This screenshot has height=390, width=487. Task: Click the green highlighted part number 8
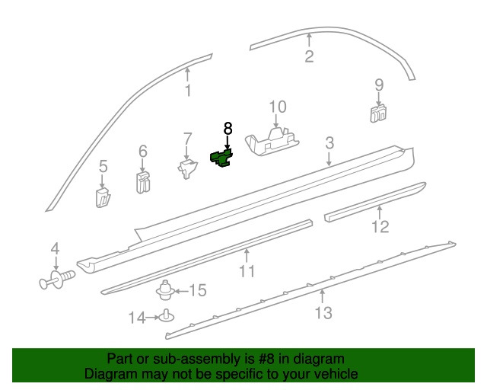pos(221,158)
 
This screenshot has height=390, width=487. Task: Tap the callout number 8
pos(228,129)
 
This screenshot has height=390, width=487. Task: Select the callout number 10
pos(278,107)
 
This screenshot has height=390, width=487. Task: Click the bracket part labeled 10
pos(272,142)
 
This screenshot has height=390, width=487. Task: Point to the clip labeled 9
pos(378,113)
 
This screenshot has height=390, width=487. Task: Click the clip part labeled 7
pos(187,168)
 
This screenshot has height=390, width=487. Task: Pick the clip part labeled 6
pos(143,182)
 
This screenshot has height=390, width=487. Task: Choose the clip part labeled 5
pos(103,198)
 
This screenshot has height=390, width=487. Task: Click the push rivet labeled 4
pos(57,280)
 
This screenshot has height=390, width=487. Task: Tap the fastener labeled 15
pos(164,290)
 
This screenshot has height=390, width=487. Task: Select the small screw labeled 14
pos(167,315)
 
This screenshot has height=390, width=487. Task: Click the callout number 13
pos(323,313)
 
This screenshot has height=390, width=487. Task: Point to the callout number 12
pos(380,226)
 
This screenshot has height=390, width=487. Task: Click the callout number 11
pos(247,271)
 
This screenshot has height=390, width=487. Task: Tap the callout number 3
pos(329,143)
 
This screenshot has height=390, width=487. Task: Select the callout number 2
pos(309,56)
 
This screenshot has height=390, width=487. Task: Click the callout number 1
pos(188,91)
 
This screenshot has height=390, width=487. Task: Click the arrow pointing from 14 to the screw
pos(152,318)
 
